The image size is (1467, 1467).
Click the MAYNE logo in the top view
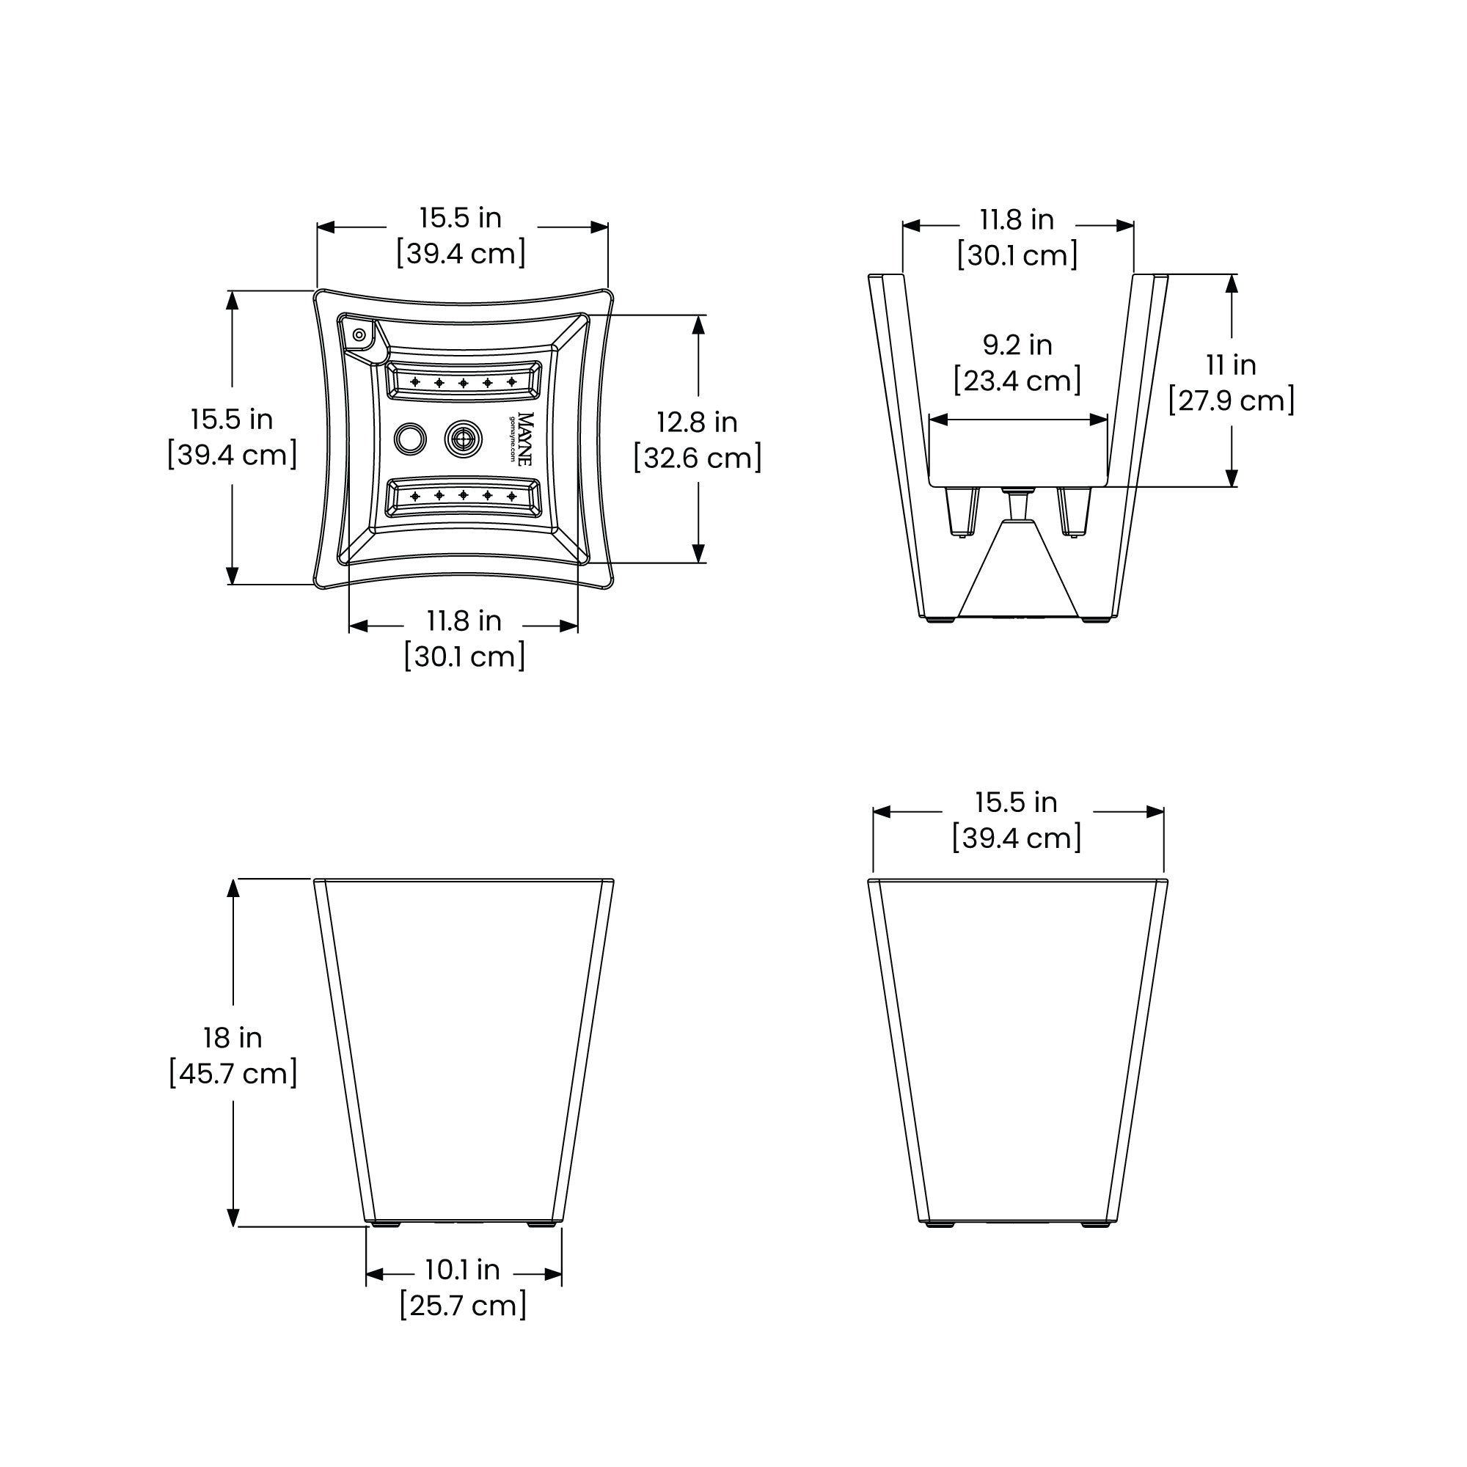point(524,439)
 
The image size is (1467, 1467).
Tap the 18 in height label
point(233,1038)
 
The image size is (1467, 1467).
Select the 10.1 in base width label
point(462,1270)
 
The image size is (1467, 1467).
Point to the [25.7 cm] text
point(463,1306)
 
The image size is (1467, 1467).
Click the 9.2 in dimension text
point(1017,345)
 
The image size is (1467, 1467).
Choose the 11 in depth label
point(1231,365)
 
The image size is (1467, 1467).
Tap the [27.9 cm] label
point(1231,401)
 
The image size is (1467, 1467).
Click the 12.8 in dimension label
point(697,422)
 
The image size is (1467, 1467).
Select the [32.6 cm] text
point(698,458)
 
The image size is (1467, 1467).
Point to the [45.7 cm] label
point(233,1074)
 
